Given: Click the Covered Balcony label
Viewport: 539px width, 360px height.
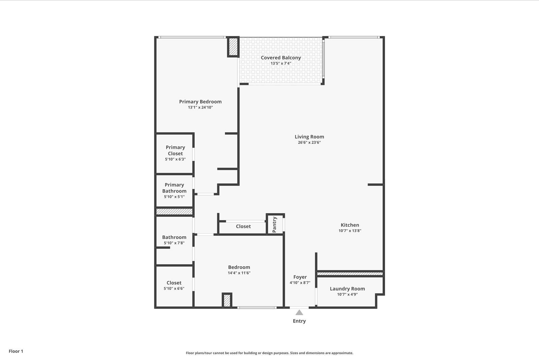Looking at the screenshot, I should pos(281,58).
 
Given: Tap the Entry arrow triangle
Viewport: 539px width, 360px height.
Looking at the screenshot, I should pos(299,313).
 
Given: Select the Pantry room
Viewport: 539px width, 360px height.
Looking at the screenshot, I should pos(275,224).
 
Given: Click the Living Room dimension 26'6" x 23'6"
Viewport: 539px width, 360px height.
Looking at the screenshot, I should pos(309,143).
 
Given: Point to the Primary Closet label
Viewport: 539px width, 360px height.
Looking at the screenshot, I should pos(175,150).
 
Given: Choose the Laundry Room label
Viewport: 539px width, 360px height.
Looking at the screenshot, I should pos(347,289).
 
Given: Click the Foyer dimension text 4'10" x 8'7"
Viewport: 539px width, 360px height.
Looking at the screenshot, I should pos(300,283).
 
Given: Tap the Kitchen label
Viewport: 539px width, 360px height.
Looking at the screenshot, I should pos(350,225).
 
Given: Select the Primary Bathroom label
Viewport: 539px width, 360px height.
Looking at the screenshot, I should pos(174,188).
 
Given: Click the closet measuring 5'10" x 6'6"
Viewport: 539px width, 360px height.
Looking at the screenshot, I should pos(174,285).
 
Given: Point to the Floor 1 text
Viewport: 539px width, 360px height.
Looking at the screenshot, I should pos(16,351).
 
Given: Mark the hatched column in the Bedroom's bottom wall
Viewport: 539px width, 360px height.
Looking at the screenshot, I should pos(227,300).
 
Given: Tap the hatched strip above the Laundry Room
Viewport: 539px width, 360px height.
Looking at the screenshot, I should pos(350,274).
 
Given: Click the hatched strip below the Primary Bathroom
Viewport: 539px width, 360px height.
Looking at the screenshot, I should pos(174,212).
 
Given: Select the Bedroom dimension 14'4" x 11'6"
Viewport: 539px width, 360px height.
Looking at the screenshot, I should pos(239,273).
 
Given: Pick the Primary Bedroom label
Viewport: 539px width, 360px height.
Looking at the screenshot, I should pos(200,101).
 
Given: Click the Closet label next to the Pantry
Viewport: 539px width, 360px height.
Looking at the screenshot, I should pos(243,227).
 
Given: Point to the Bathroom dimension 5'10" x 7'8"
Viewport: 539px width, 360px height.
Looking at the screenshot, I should pos(174,243).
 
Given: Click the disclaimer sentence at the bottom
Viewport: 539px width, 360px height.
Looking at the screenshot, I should pos(269,353).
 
